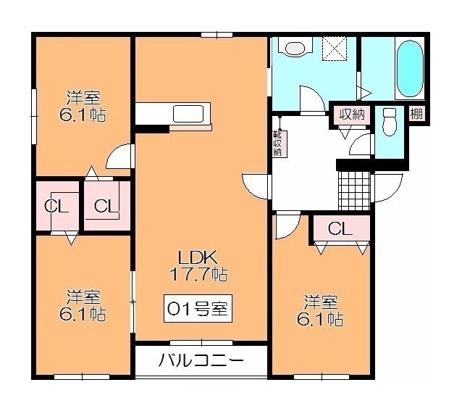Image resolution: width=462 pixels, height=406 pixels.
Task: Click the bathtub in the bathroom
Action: click(x=410, y=68)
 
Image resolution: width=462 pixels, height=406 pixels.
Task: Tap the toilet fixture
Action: click(x=389, y=122)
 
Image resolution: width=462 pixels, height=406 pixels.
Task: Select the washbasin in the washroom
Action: click(x=295, y=49)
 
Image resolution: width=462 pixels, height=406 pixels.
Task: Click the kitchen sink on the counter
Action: click(x=188, y=114)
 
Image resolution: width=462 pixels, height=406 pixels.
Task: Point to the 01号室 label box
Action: click(x=198, y=308)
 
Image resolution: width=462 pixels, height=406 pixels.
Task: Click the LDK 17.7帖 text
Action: click(x=198, y=265)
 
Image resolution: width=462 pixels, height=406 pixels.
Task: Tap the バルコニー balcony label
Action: click(x=201, y=360)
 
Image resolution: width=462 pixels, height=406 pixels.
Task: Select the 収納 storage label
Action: click(x=352, y=115)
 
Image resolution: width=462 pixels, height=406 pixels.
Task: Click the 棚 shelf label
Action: click(x=416, y=113)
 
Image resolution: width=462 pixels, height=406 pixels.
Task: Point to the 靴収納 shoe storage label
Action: click(x=278, y=144)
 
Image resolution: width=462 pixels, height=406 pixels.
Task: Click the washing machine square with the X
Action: click(x=335, y=49)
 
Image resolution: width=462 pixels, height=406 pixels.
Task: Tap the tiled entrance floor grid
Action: click(x=354, y=190)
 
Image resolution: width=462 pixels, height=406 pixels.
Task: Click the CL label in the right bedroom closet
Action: click(x=340, y=228)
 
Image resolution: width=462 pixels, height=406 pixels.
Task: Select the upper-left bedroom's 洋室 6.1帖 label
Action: click(x=83, y=107)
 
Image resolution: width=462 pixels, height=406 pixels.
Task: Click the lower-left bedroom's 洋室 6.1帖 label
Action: click(x=83, y=305)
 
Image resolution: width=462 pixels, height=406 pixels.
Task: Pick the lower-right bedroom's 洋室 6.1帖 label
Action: click(x=320, y=310)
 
